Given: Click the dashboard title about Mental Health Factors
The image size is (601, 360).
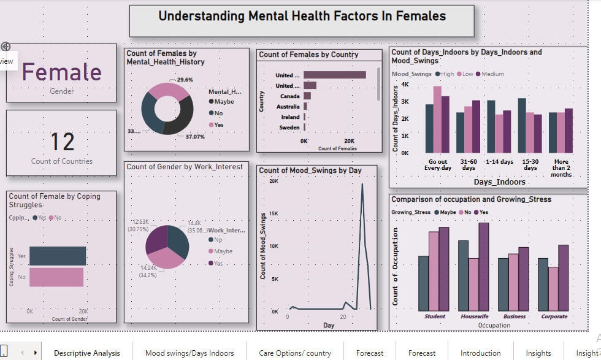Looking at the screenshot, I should [x=302, y=17].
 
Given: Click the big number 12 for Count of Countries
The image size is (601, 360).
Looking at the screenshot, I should [x=62, y=142].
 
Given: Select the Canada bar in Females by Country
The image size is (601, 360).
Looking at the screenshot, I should [x=307, y=96].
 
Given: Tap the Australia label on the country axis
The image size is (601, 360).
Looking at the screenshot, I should [x=288, y=107].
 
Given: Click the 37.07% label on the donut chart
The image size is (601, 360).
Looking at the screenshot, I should [x=195, y=137].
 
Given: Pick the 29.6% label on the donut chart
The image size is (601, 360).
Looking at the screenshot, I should [x=185, y=80].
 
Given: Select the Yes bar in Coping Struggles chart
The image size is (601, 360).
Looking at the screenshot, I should [x=58, y=256].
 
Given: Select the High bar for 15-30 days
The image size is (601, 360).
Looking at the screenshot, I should [x=521, y=126].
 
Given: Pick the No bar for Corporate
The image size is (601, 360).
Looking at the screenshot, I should [x=553, y=288].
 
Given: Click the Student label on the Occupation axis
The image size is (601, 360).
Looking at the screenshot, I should [x=435, y=317].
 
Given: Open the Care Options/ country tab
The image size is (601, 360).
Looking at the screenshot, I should [x=294, y=353].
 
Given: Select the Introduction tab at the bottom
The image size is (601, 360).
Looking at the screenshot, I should [x=480, y=353].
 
